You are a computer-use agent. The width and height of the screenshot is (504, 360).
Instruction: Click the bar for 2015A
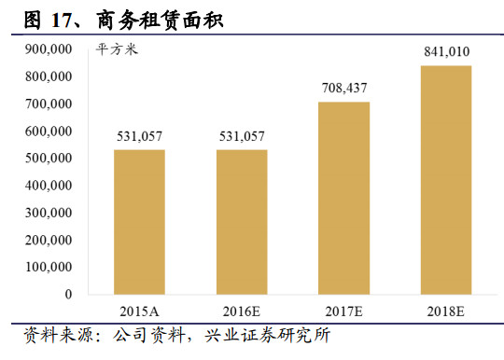click(139, 222)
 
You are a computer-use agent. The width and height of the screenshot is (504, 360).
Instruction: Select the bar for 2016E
click(242, 222)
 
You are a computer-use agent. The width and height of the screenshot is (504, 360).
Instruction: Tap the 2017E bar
click(344, 198)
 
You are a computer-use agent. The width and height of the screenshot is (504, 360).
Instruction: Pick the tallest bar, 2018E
click(446, 180)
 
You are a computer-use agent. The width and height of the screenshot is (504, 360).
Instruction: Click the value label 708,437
click(343, 89)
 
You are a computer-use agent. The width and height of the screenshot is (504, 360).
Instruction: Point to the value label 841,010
click(446, 52)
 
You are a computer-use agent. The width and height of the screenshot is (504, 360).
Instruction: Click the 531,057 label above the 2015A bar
click(139, 137)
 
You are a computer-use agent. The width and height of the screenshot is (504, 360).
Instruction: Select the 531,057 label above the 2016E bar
click(242, 137)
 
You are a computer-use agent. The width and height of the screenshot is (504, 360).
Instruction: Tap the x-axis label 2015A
click(139, 310)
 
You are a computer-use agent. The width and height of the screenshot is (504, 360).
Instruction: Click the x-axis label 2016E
click(242, 310)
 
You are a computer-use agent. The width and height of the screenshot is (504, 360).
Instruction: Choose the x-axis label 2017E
click(344, 310)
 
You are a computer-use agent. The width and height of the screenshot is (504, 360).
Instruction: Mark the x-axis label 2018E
click(446, 310)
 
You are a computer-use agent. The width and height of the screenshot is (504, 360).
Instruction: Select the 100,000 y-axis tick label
click(49, 267)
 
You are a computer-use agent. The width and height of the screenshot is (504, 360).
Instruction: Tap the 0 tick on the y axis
click(68, 294)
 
